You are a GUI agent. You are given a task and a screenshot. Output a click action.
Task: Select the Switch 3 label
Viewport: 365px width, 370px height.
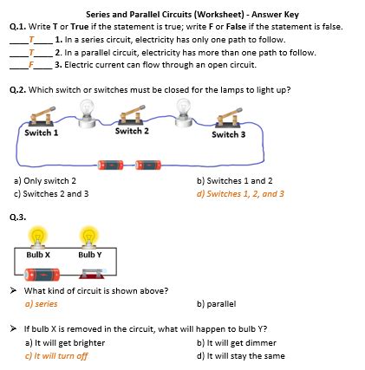[229, 135]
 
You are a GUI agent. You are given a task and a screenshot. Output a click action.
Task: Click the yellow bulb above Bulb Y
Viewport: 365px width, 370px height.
[87, 236]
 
